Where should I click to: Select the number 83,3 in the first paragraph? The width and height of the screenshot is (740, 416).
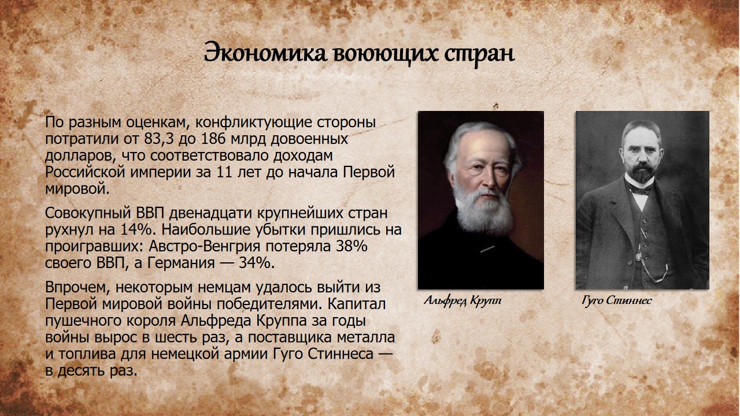tap(158, 139)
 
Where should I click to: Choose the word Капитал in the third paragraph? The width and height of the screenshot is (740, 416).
tap(357, 304)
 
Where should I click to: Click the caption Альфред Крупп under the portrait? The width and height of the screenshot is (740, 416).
tap(462, 301)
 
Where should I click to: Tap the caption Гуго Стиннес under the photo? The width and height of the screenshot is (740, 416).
tap(616, 301)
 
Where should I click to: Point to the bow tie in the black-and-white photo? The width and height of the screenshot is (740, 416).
tap(641, 190)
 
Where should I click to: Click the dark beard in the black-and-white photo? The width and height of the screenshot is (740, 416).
tap(641, 172)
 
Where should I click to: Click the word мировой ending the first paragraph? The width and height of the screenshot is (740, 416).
tap(77, 190)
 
